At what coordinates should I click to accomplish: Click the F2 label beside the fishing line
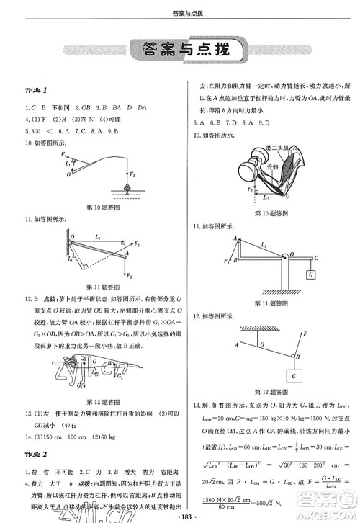click(132, 174)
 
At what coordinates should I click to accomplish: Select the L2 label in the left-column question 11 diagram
click(98, 236)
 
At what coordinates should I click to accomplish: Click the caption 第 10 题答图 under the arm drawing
click(268, 214)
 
